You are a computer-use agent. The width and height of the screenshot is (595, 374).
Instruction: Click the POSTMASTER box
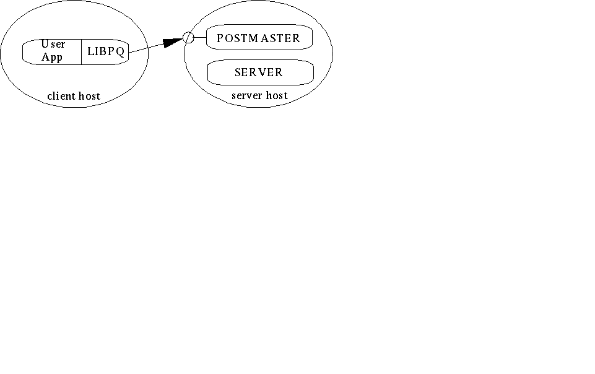(259, 37)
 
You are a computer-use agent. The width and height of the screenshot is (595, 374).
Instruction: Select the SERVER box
(260, 72)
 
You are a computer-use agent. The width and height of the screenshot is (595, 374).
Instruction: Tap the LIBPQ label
(106, 51)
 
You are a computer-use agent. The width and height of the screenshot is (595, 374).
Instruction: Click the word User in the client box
(53, 44)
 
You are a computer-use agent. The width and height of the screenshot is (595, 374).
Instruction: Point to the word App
(52, 57)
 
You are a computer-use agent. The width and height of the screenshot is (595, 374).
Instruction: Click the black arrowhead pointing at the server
(173, 43)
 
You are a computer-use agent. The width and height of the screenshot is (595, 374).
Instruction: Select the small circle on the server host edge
(188, 38)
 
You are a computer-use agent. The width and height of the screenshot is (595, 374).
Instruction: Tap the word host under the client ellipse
(89, 96)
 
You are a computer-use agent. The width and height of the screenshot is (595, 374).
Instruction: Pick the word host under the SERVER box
(277, 95)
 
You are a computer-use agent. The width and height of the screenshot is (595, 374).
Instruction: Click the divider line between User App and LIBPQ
(81, 51)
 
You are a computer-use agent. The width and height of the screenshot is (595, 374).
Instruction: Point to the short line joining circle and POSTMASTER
(200, 37)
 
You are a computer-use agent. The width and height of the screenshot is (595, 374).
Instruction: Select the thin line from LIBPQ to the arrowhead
(147, 48)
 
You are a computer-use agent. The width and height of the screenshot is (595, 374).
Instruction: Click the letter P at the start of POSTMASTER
(220, 38)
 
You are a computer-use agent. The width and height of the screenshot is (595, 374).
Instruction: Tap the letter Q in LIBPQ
(121, 51)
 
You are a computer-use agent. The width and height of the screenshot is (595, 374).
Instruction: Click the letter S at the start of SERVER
(238, 72)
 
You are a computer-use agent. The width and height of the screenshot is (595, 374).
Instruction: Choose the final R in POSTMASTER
(296, 38)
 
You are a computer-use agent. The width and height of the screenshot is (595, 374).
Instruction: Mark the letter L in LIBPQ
(90, 51)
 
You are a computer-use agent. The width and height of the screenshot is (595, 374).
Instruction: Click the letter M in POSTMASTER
(253, 38)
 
